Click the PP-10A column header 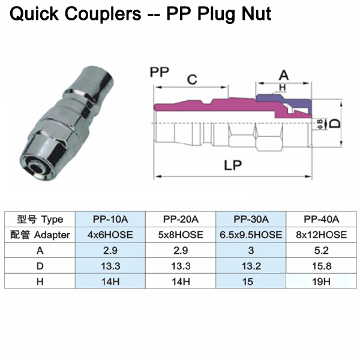[x=111, y=219]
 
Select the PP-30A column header [x=251, y=219]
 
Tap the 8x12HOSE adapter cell [x=322, y=235]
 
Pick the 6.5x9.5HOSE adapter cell [x=251, y=235]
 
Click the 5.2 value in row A [x=322, y=250]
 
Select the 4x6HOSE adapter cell [x=111, y=235]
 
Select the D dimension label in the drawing [x=337, y=123]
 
